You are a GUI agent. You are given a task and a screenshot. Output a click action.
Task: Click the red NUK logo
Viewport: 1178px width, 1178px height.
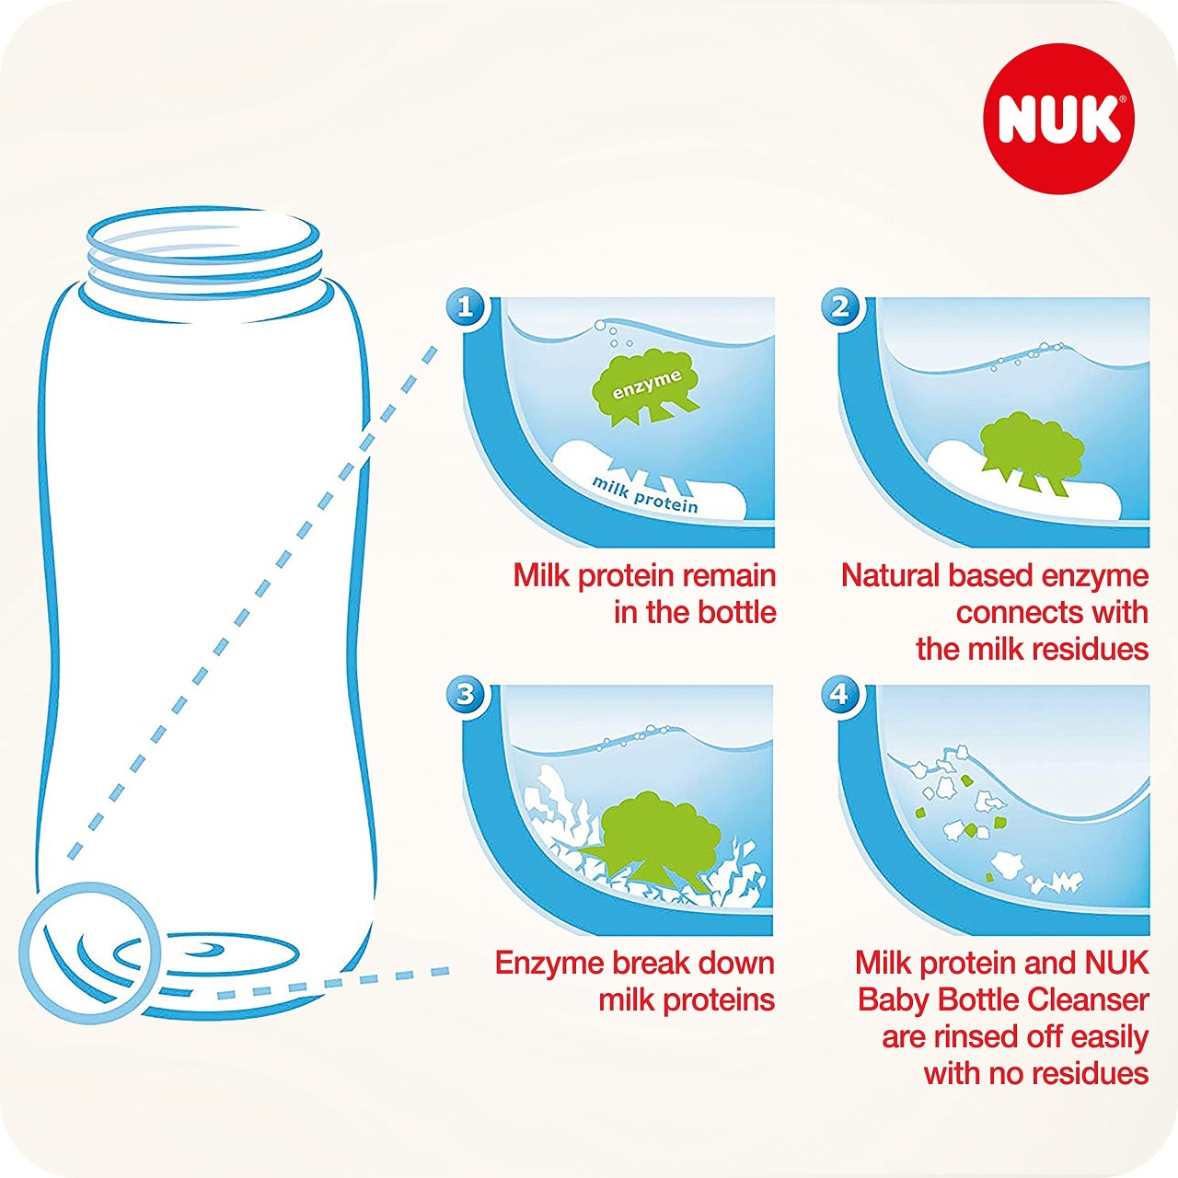pos(1057,119)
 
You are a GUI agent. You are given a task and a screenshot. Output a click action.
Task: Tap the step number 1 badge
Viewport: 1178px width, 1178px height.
pos(466,306)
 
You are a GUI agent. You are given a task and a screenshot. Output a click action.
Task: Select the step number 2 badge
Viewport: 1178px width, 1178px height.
pos(840,306)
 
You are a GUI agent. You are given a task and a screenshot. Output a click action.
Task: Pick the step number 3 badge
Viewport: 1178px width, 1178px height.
pos(466,695)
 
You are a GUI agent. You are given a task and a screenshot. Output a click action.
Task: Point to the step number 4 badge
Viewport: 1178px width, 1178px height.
pos(840,695)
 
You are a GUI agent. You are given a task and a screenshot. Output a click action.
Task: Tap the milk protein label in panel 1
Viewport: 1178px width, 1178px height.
pos(645,495)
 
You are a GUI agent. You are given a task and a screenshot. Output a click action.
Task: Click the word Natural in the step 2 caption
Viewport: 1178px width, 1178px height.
pos(890,576)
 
